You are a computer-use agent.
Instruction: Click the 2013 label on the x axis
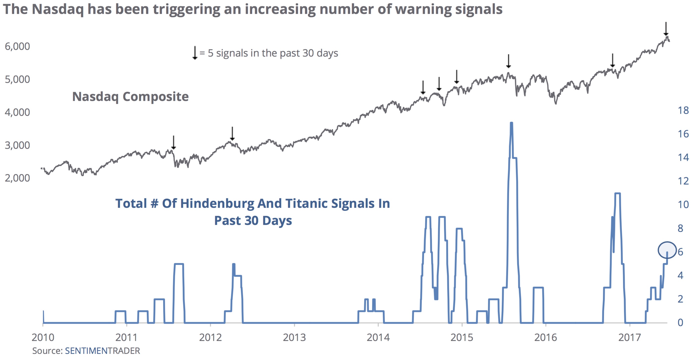click(294, 337)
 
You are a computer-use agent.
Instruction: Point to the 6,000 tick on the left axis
click(17, 46)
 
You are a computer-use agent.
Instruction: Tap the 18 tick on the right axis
click(683, 110)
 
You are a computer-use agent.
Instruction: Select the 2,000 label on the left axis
click(17, 178)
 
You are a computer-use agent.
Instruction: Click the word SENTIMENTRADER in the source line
click(102, 351)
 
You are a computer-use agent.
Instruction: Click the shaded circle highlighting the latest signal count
click(667, 250)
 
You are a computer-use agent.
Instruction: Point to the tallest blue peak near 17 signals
click(511, 124)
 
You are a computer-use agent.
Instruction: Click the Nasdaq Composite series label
click(130, 97)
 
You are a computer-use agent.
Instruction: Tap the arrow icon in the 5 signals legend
click(195, 53)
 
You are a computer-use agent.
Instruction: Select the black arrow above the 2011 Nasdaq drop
click(174, 142)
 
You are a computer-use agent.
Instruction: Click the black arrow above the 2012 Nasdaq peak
click(232, 133)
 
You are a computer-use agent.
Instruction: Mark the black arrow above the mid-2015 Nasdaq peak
click(508, 61)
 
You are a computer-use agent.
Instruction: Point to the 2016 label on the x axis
click(546, 337)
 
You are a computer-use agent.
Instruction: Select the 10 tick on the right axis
click(683, 205)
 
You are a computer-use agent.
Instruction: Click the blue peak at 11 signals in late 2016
click(617, 194)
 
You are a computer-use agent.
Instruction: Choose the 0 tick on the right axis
click(680, 322)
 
